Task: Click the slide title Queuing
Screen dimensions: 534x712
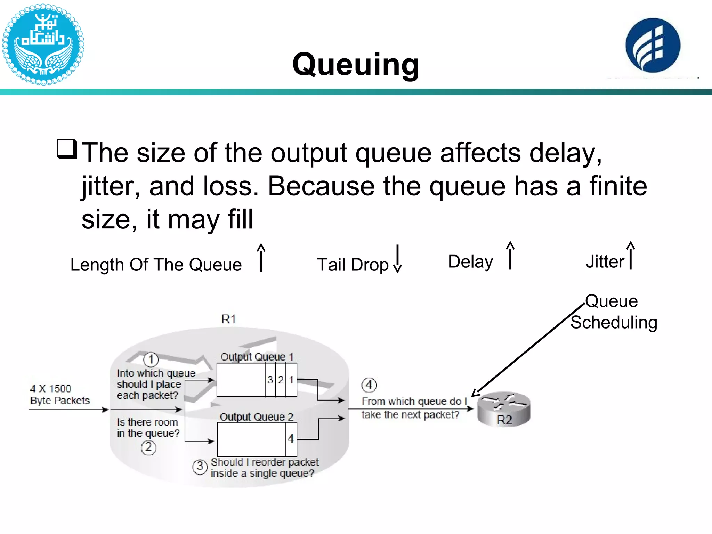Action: (x=356, y=64)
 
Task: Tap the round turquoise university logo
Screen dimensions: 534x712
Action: (x=43, y=44)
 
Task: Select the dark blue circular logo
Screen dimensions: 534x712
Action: (x=653, y=45)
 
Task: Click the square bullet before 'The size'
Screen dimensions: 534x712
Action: (x=67, y=149)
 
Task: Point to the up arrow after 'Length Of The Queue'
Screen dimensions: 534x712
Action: (x=261, y=257)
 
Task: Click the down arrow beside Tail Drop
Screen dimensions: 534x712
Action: (x=397, y=259)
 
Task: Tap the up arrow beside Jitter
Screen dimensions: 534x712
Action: (x=631, y=256)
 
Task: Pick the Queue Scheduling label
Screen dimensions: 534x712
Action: (x=614, y=312)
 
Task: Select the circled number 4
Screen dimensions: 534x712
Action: (x=369, y=385)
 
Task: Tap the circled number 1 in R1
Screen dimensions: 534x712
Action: (x=151, y=359)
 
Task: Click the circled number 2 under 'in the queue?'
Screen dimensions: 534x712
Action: (x=148, y=447)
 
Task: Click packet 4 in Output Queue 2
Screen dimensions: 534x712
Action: (x=291, y=439)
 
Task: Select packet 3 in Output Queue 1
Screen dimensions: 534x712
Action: (x=270, y=380)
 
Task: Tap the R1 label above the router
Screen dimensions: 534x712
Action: (x=229, y=319)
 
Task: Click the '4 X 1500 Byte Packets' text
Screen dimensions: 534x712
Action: (x=60, y=395)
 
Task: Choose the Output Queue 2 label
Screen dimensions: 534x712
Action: (x=257, y=417)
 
